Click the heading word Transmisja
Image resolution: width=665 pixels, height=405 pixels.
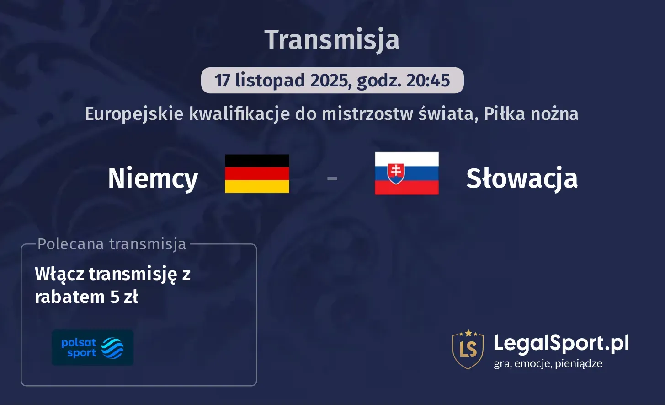(x=332, y=40)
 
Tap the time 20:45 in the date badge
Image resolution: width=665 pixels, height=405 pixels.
(x=428, y=81)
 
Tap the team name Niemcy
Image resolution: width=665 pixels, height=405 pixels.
(x=153, y=178)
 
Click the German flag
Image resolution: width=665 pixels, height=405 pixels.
(x=257, y=173)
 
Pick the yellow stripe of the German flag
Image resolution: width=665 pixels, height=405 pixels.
(x=257, y=186)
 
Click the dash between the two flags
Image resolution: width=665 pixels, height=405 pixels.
(x=332, y=178)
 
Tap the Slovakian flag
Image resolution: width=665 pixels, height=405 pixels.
(x=406, y=173)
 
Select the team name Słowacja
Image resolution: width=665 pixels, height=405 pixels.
(x=522, y=178)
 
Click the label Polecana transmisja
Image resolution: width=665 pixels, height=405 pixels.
(x=112, y=244)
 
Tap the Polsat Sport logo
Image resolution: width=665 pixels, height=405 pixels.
(x=93, y=348)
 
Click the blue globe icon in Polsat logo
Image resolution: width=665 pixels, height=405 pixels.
(x=112, y=348)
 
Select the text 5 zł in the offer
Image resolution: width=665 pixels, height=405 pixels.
(x=124, y=297)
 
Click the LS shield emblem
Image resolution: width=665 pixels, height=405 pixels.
(x=468, y=349)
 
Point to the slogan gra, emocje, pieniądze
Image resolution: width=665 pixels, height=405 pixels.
(x=548, y=364)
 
